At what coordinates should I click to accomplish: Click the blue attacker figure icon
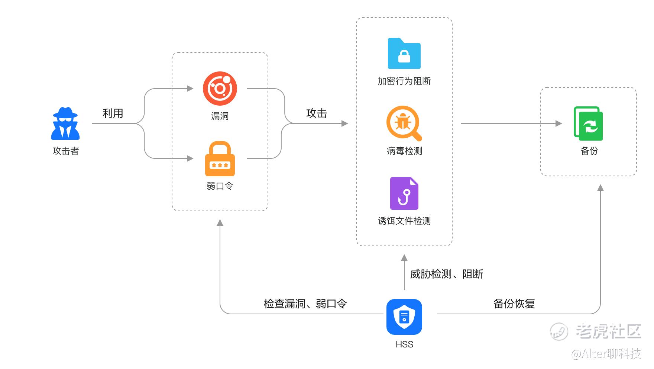(x=65, y=123)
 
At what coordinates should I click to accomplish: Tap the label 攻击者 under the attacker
(x=66, y=151)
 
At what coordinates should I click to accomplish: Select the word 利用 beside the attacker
(x=113, y=113)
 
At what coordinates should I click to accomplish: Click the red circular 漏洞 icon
(x=220, y=89)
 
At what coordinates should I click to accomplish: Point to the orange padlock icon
(x=220, y=159)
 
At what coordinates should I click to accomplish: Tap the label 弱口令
(x=220, y=186)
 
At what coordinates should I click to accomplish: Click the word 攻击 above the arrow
(x=317, y=113)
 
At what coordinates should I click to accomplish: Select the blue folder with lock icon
(x=404, y=54)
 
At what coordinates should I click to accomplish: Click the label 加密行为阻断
(x=404, y=81)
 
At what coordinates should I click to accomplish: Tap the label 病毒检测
(x=404, y=151)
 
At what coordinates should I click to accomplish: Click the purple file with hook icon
(x=404, y=193)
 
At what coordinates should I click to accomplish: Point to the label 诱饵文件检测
(x=404, y=221)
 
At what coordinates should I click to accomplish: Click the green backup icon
(x=588, y=123)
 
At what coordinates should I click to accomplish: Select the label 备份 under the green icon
(x=589, y=151)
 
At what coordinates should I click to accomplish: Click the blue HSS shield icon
(x=404, y=317)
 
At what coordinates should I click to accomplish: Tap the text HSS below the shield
(x=404, y=344)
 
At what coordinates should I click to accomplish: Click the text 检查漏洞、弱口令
(x=305, y=304)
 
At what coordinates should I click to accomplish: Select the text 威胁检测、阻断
(x=447, y=274)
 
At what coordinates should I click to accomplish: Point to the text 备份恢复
(x=514, y=304)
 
